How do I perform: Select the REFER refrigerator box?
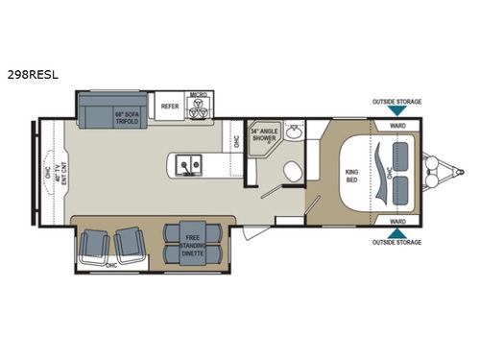(170, 107)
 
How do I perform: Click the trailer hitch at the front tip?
(450, 174)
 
